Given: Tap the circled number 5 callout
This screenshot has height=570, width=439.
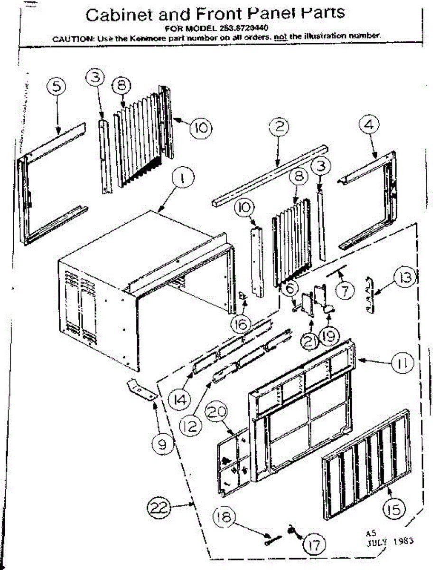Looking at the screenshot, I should point(56,87).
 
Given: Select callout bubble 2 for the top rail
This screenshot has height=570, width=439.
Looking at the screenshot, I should point(279,126).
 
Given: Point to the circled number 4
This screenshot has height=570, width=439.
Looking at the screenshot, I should point(369,125).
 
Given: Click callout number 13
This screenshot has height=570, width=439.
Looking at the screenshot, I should point(405,278).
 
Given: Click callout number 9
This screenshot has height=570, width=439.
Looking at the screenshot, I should point(162,444).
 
